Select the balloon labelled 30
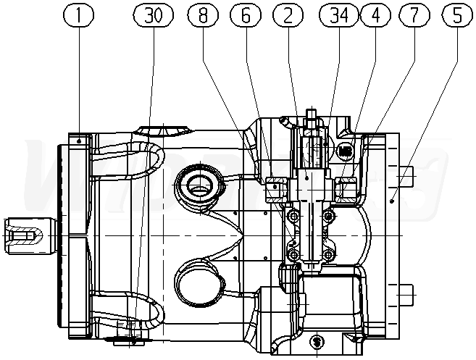(153, 14)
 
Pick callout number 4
(376, 14)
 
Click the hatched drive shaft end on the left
(25, 236)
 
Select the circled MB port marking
(346, 151)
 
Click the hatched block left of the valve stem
(276, 190)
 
